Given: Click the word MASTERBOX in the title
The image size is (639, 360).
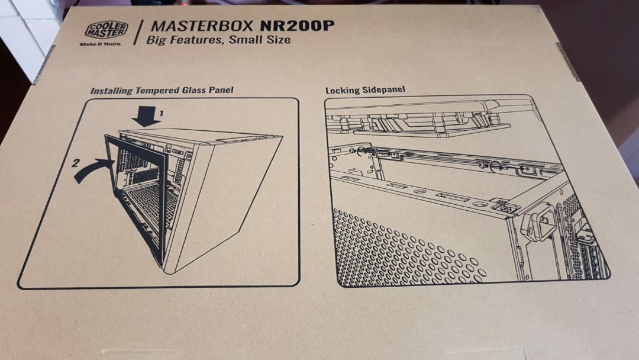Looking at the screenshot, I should click(x=189, y=27).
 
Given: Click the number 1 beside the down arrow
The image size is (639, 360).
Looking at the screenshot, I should click(x=160, y=111).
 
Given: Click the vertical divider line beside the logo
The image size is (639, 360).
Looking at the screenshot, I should click(x=138, y=33).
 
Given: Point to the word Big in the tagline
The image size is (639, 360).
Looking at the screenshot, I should click(x=157, y=40).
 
